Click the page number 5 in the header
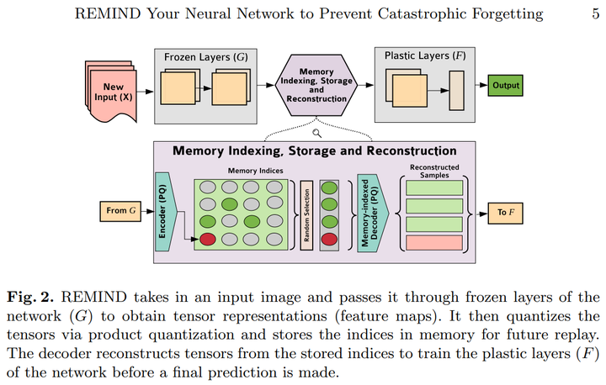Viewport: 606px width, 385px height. pos(595,13)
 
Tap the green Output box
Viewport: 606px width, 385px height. pos(507,86)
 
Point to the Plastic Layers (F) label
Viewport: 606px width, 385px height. pos(421,56)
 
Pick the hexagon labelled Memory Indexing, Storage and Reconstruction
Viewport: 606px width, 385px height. pos(316,86)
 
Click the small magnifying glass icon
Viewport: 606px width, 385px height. pos(317,132)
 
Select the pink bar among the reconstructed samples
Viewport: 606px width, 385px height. pos(434,242)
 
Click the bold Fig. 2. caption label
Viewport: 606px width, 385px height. pos(30,297)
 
